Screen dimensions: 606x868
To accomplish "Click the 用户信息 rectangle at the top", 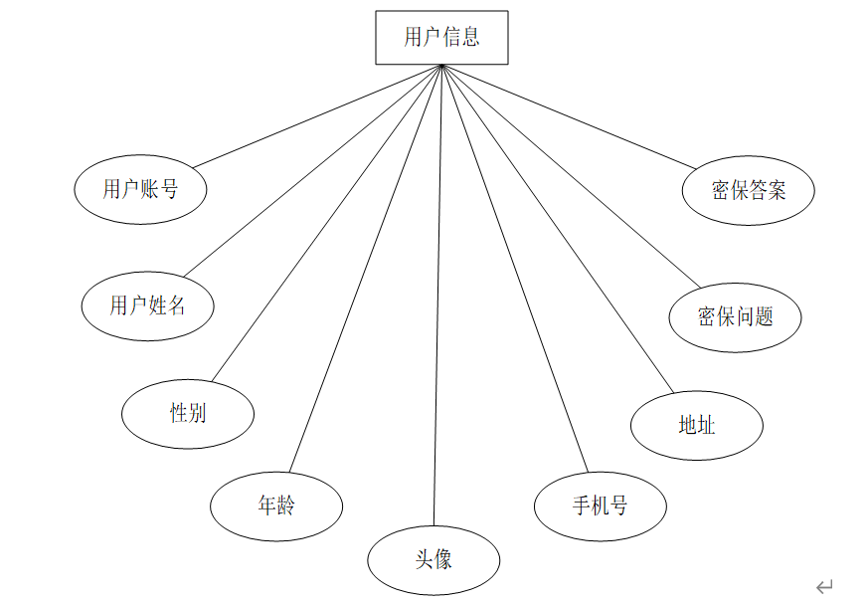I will [x=441, y=38].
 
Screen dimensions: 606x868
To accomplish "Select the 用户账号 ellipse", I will [x=140, y=189].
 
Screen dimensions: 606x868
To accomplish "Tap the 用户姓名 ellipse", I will [x=147, y=305].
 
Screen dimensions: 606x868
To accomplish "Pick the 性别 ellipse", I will [x=187, y=412].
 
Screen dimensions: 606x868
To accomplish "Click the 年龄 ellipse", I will [x=275, y=505].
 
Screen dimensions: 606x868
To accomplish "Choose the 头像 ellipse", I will [x=434, y=559].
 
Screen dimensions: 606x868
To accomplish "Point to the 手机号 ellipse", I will [x=600, y=505].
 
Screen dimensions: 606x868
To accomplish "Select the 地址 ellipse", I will [x=696, y=425].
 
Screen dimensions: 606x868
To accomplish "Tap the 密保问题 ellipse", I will [x=735, y=317].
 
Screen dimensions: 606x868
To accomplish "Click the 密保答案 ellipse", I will [x=748, y=190].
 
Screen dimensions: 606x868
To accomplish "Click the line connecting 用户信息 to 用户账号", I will [x=317, y=116].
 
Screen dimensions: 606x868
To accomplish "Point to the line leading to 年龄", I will [x=365, y=269].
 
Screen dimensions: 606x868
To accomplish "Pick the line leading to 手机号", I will [x=514, y=269].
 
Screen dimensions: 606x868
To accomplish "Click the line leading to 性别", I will [x=326, y=224].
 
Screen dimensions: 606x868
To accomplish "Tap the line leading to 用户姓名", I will [x=312, y=171].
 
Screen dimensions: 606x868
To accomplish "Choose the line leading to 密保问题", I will [x=565, y=177].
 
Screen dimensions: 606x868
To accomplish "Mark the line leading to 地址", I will [x=558, y=229].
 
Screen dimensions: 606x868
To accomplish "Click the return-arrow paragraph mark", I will [x=824, y=587].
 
